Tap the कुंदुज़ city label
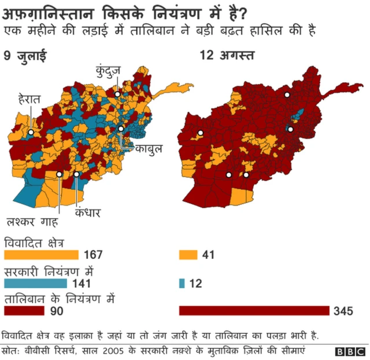coord(108,72)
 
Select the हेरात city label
coord(29,100)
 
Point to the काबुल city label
coord(149,148)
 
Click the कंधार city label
coord(88,213)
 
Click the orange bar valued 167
coord(41,255)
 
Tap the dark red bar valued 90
coord(24,311)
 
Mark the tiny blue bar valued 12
coord(182,284)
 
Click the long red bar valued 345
coord(254,311)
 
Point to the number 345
coord(343,311)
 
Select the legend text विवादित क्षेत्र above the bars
coord(35,242)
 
